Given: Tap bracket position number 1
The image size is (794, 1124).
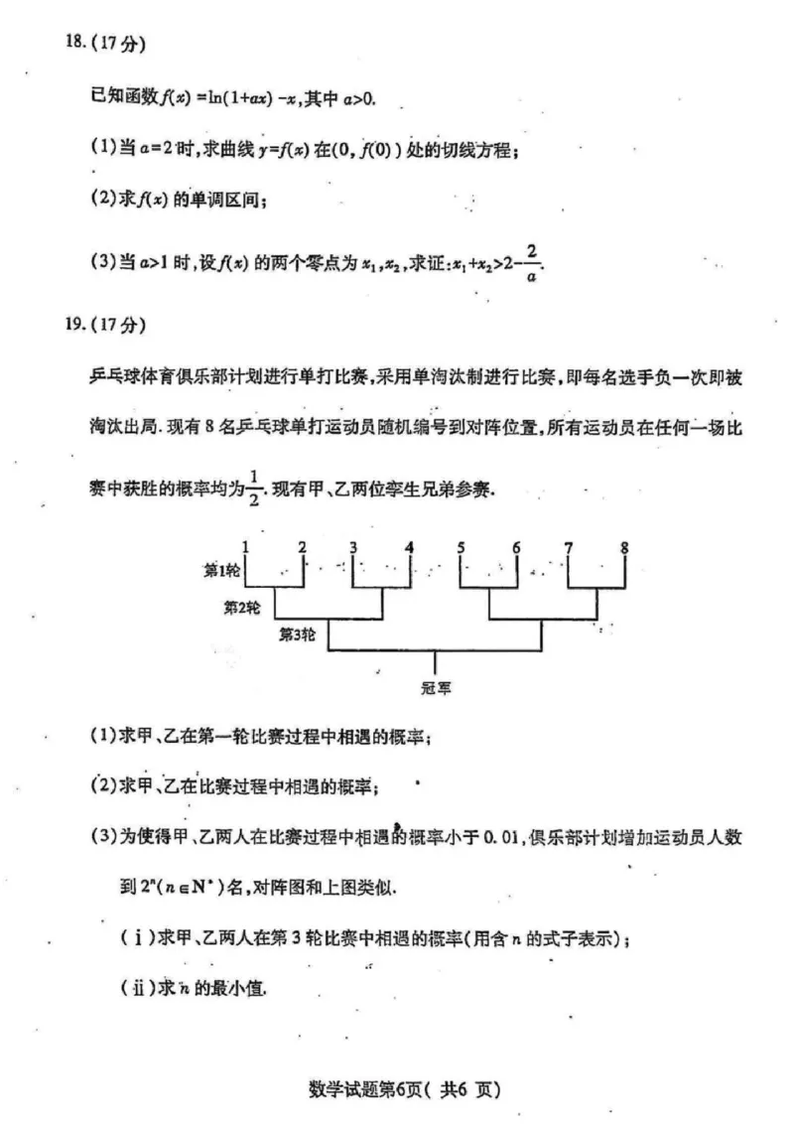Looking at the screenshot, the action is (245, 545).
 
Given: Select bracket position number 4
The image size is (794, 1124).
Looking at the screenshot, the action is (409, 545).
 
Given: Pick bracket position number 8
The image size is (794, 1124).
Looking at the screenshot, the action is (624, 545).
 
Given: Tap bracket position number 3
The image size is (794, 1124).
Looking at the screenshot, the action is (353, 545).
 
